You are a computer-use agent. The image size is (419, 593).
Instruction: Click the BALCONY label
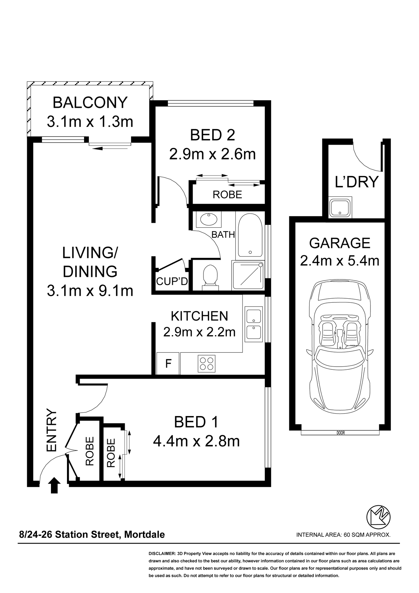coord(90,103)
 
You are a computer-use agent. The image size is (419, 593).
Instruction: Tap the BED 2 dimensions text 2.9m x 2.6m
coord(212,154)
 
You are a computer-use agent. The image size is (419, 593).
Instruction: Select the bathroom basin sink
coord(209,220)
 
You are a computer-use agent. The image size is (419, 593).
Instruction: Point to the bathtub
coord(250,236)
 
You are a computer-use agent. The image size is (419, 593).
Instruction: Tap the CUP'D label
coord(172,281)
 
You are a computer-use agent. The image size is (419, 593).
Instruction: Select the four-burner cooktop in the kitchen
coord(206,364)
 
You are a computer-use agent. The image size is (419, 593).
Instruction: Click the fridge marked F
coord(168,364)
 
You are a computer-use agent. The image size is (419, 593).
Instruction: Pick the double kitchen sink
coord(253,324)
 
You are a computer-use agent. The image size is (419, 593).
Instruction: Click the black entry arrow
coord(54,485)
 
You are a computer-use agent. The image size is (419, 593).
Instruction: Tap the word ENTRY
coord(52,430)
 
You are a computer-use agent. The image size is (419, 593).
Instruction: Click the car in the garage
coord(340,347)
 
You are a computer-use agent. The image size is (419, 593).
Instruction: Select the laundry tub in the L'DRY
coord(340,207)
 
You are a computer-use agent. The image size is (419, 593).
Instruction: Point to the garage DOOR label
coord(340,433)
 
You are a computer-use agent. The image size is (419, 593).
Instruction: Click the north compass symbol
coord(378,517)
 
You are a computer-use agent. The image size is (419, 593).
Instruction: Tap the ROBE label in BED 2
coord(227,195)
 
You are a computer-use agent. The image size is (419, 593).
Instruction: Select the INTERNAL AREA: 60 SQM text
coord(343,535)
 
